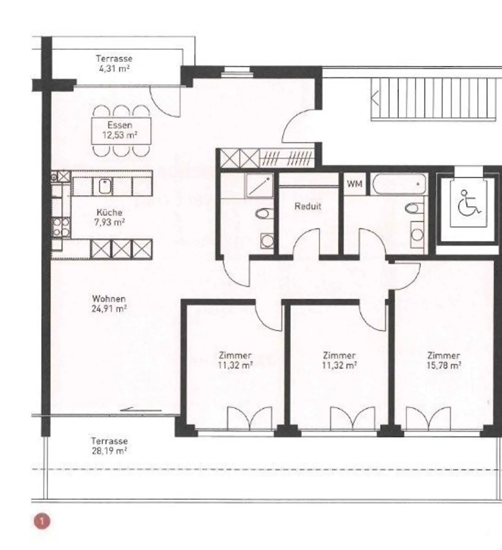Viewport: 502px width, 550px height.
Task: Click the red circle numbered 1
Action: [42, 521]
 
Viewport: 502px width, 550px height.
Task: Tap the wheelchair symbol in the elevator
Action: [469, 203]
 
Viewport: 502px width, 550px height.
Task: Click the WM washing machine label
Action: [354, 184]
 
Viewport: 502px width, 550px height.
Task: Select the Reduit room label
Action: [307, 206]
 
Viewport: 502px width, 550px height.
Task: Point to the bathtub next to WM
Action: [399, 184]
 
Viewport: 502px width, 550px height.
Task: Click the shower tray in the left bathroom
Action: [259, 185]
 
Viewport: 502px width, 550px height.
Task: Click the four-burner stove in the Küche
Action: [61, 227]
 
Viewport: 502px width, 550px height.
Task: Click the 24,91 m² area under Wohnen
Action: [109, 309]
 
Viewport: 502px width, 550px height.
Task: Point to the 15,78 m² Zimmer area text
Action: [444, 366]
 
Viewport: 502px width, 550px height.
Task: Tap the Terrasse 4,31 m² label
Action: [114, 63]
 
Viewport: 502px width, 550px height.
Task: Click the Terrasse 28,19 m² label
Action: [109, 446]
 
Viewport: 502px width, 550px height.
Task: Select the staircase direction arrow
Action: [375, 98]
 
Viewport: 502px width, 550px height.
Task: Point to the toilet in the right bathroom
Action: [411, 209]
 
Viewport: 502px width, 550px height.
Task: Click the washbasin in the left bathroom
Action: [267, 240]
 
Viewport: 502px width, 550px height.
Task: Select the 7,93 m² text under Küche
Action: [109, 222]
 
